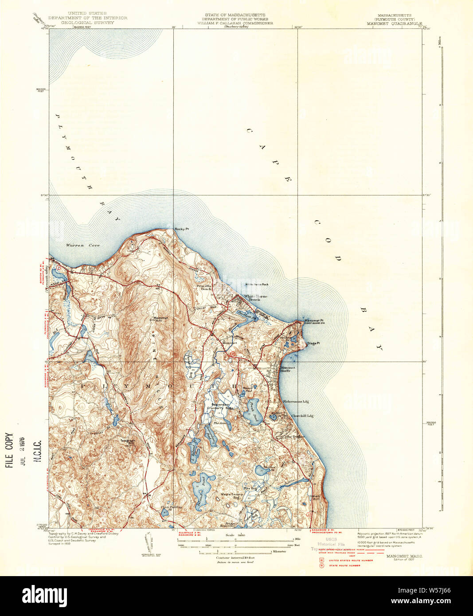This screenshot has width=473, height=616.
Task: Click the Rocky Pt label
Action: click(182, 229)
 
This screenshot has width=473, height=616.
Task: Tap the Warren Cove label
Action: click(83, 245)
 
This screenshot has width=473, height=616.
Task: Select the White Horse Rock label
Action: click(257, 284)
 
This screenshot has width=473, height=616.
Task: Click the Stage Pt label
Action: click(313, 343)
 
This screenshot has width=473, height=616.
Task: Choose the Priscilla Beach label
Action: click(207, 288)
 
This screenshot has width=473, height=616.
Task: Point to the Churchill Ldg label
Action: click(302, 415)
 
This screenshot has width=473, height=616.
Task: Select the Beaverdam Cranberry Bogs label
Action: click(220, 406)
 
